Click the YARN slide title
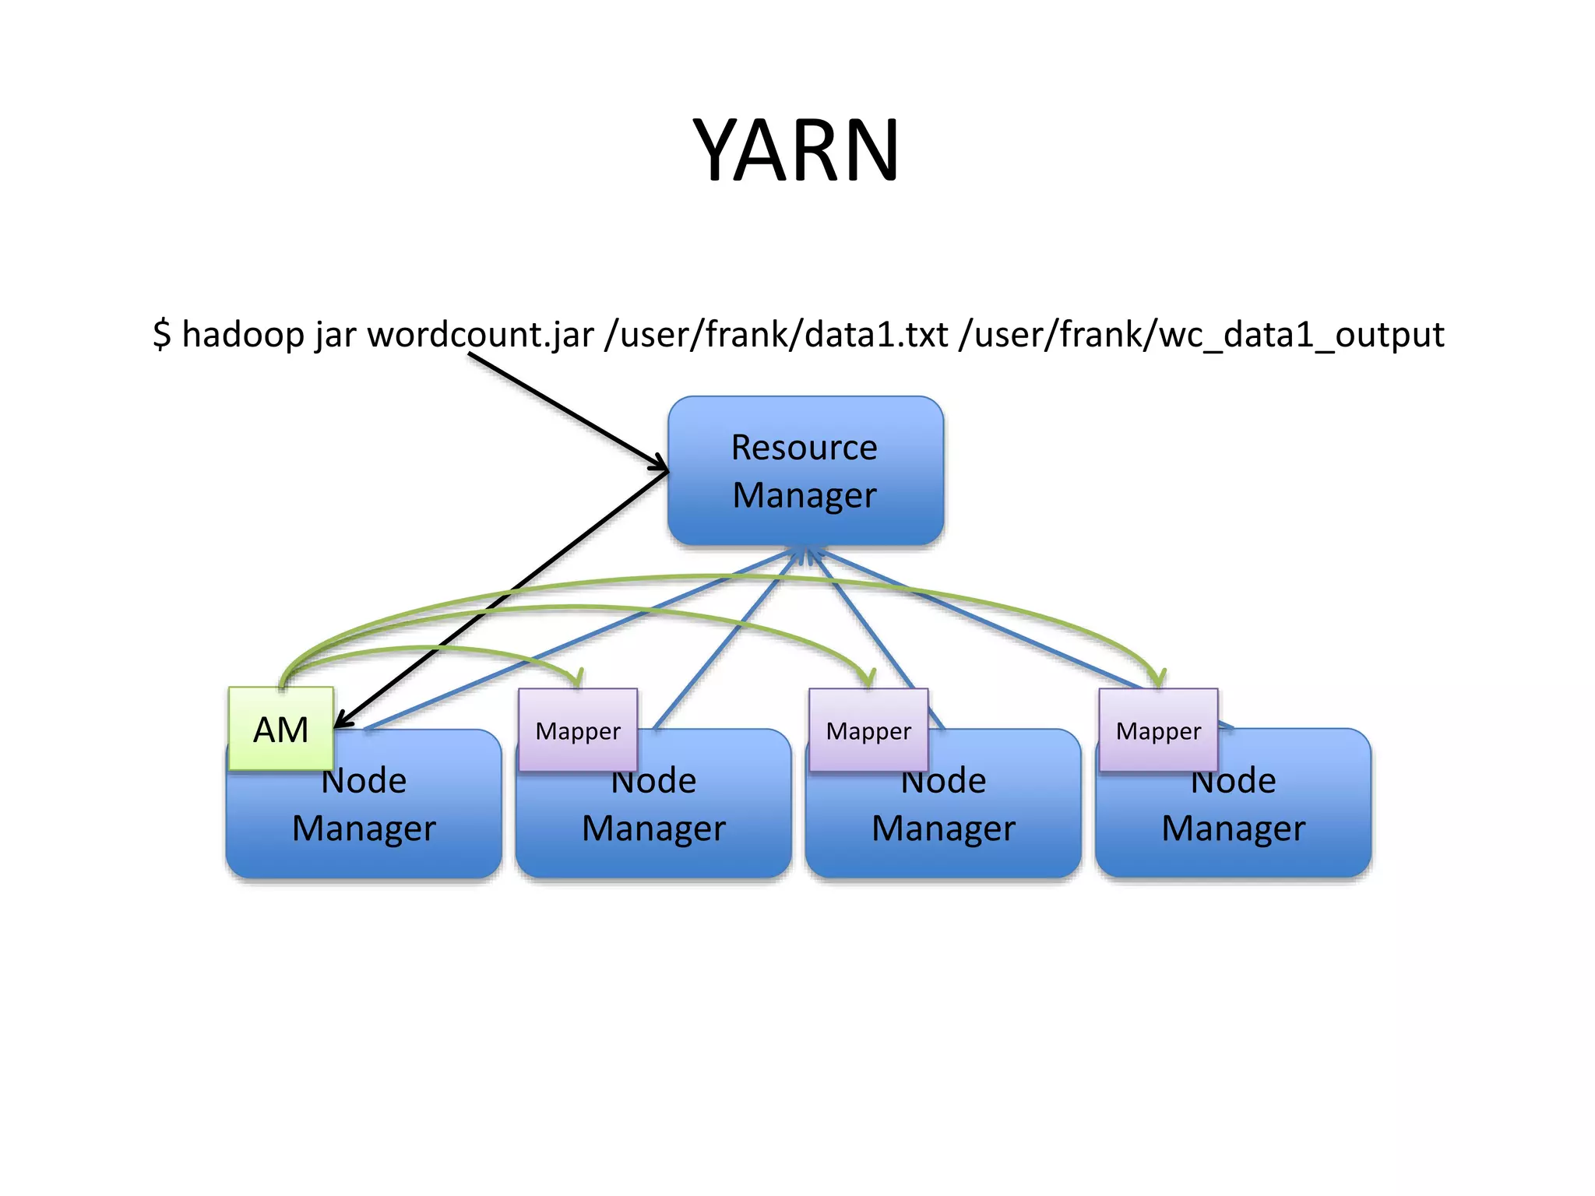796,149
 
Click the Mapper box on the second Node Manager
578,730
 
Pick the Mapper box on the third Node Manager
868,730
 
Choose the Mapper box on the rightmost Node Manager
1158,730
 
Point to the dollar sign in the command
161,335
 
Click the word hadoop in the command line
242,335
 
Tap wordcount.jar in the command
481,335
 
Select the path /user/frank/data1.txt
776,335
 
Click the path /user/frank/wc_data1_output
1202,335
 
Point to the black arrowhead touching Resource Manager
660,466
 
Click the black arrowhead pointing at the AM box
343,721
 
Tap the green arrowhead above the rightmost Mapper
1159,679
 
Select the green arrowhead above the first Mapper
578,679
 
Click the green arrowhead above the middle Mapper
868,679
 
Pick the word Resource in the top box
804,448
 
